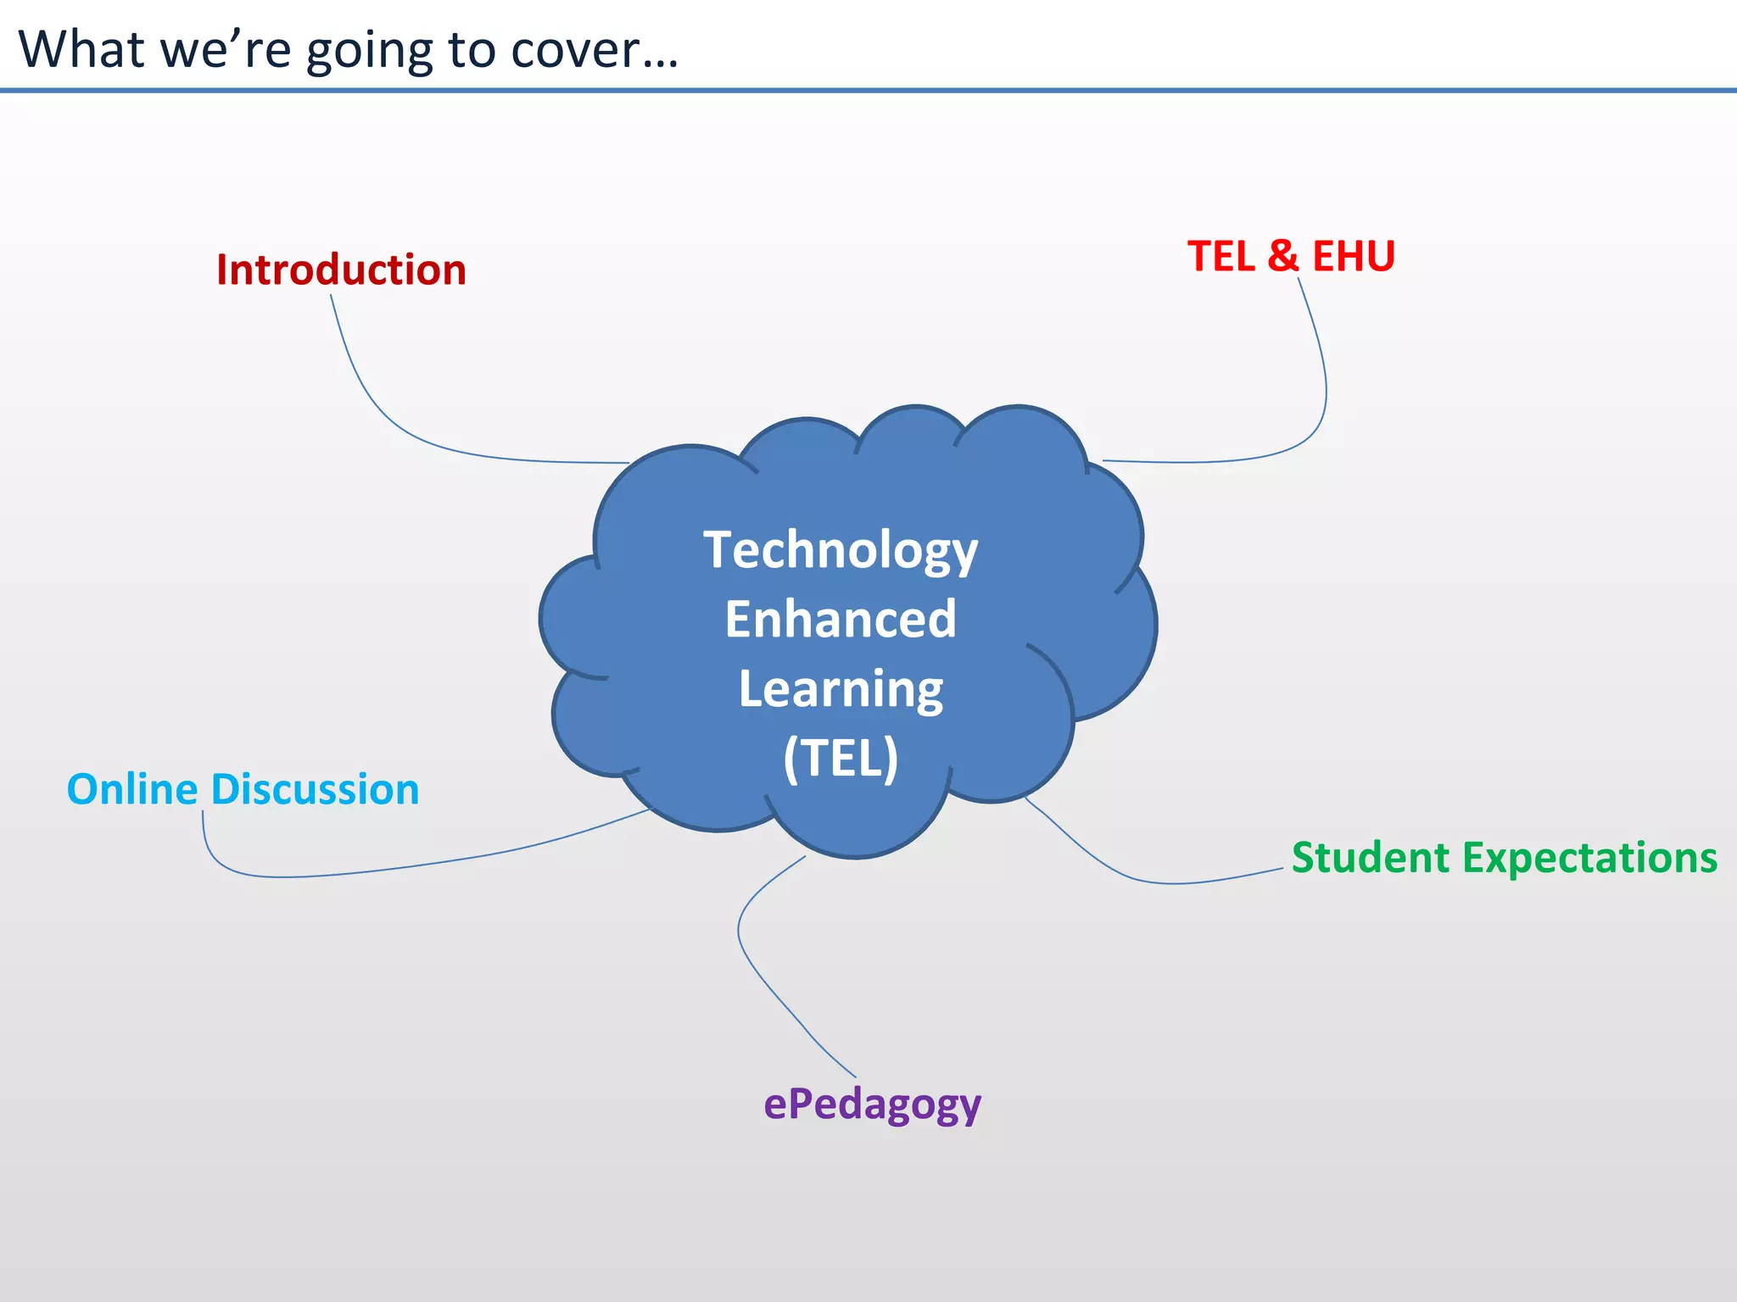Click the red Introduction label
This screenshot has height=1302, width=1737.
[x=341, y=270]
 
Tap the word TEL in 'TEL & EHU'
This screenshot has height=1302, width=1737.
[x=1221, y=257]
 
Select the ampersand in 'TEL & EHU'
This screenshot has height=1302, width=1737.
[x=1283, y=257]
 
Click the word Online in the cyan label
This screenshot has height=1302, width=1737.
[x=132, y=790]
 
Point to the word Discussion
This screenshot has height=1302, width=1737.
[x=315, y=790]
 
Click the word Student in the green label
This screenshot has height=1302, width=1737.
[x=1370, y=858]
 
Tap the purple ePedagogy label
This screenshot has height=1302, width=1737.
[x=872, y=1105]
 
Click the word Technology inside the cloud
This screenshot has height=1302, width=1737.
[x=841, y=551]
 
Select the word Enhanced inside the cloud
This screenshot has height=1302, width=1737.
[x=841, y=620]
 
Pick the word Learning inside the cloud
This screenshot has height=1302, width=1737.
[x=841, y=689]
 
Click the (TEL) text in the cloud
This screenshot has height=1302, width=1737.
[x=841, y=758]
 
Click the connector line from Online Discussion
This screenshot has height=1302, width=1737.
[x=424, y=865]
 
